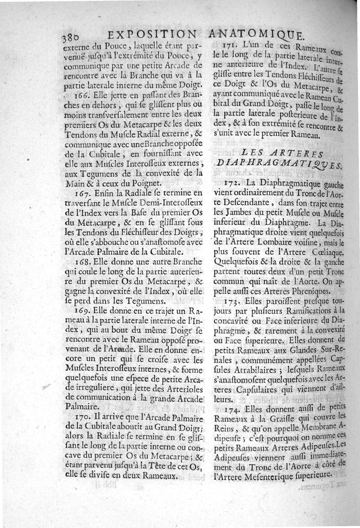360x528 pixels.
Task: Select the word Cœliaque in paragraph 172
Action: point(328,253)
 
